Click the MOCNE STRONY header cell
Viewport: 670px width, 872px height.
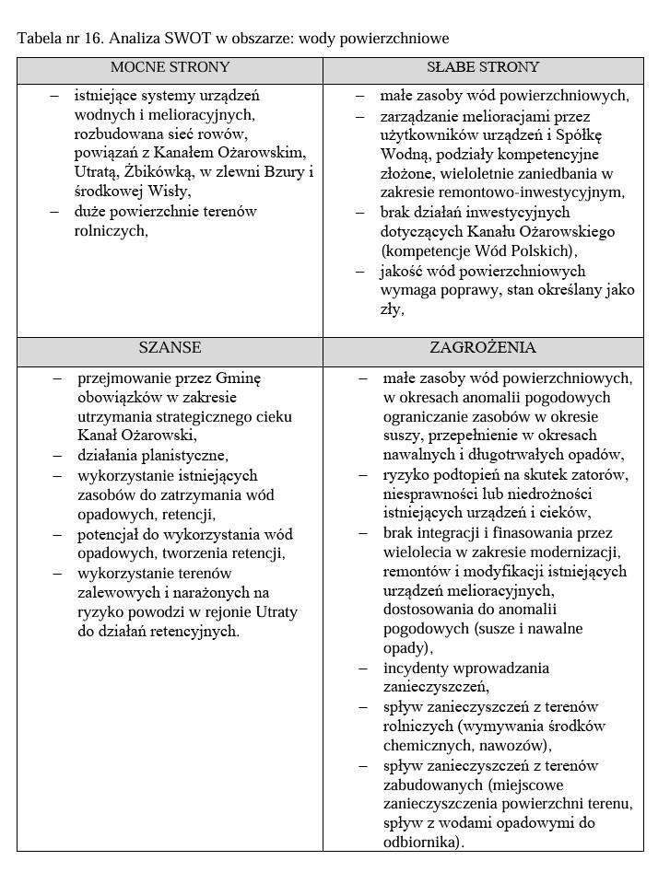pos(170,68)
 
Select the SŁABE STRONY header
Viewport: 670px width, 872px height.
pos(483,68)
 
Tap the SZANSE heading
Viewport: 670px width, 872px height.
pos(170,349)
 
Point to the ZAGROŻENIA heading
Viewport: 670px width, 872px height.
pos(483,349)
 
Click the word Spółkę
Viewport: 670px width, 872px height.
pos(599,134)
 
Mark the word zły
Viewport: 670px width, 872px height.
pos(391,309)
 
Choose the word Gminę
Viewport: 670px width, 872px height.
pos(239,378)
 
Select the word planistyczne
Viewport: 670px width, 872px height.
pos(180,456)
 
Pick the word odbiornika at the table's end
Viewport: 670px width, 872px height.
pos(420,842)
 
